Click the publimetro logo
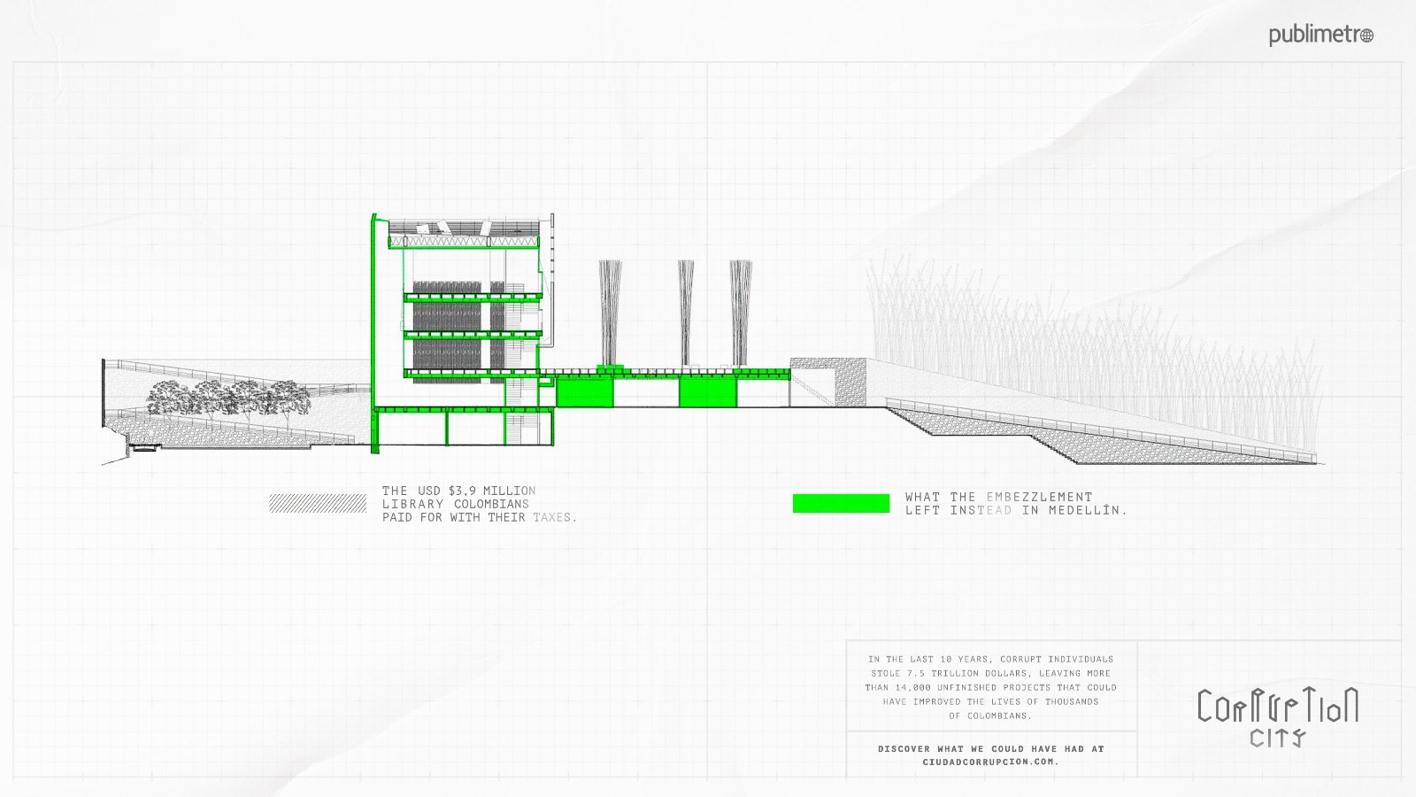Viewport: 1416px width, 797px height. point(1320,35)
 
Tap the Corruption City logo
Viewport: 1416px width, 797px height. point(1277,716)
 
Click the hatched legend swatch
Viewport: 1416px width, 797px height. point(318,503)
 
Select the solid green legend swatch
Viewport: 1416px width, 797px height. point(841,503)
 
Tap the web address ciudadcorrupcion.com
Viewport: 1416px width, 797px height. point(990,762)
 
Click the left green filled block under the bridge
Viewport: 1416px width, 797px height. point(584,391)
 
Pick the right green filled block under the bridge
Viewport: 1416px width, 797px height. point(707,391)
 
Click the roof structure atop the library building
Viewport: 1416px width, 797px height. point(465,232)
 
